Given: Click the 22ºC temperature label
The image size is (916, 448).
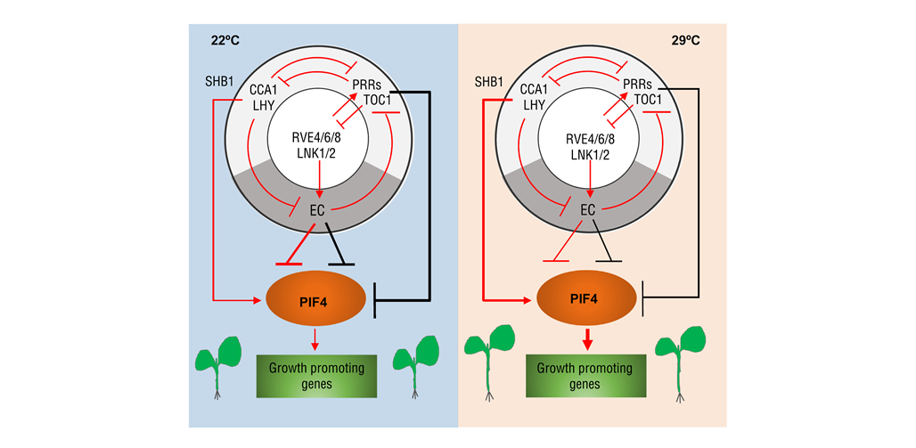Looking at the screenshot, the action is click(225, 41).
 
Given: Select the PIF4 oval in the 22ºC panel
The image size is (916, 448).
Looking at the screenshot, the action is click(317, 299).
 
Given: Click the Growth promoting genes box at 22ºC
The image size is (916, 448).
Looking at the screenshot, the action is click(317, 377).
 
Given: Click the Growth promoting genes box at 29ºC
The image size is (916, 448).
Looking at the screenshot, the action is click(587, 377).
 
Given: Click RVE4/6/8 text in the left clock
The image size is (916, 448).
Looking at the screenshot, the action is click(317, 139).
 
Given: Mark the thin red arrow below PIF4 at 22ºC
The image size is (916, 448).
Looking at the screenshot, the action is click(316, 340).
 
